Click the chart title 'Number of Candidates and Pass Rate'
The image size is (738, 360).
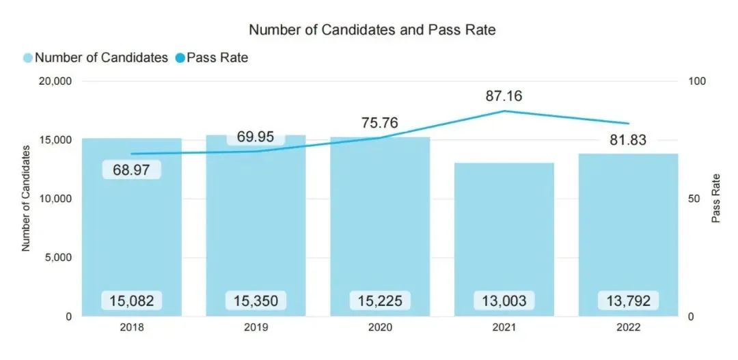coord(372,30)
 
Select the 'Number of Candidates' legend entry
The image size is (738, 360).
coord(96,58)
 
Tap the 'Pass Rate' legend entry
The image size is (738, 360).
coord(211,58)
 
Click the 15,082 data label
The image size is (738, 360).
coord(132,300)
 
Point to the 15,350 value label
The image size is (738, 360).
coord(256,300)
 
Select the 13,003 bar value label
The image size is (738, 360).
coord(504,300)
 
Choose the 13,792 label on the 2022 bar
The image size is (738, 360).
coord(628,300)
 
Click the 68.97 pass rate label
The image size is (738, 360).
coord(131,169)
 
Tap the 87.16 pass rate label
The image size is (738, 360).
coord(504,96)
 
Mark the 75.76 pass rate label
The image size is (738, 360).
coord(380,124)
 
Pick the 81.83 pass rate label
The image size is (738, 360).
coord(628,140)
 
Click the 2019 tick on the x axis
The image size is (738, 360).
coord(256,327)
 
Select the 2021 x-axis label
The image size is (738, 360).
coord(504,327)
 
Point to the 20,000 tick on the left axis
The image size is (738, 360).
coord(57,81)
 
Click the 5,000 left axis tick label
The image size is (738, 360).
coord(60,258)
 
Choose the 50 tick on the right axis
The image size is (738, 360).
coord(693,199)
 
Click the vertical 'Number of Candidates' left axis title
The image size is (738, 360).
coord(27,198)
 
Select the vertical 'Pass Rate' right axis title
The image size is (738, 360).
coord(716,198)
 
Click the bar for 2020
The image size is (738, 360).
coord(380,225)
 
